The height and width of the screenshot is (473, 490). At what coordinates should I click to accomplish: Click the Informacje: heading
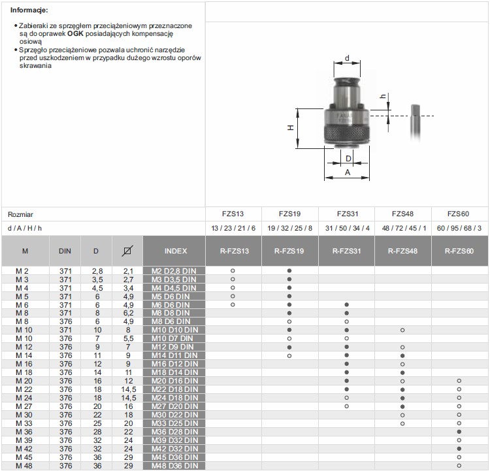point(29,10)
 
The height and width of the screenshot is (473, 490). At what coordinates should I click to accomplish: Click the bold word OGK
point(75,33)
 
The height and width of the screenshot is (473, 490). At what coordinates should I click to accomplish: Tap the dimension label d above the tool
point(347,58)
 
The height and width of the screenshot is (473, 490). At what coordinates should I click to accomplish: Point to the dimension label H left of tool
point(291,127)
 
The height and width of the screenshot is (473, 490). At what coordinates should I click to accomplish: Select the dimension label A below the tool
point(348,172)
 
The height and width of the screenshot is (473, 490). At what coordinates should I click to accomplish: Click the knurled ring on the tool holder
point(347,133)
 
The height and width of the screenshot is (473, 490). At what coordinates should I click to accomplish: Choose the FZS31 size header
point(347,214)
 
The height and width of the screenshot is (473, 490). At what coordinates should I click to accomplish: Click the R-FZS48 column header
point(402,251)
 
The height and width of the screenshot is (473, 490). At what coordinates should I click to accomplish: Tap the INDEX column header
point(176,251)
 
